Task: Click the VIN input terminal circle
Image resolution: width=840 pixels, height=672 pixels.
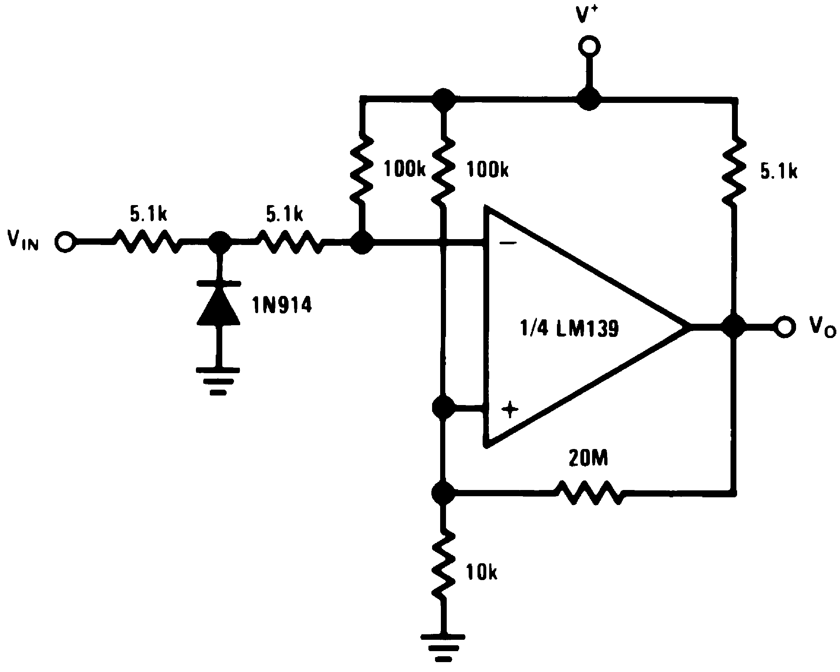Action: click(65, 242)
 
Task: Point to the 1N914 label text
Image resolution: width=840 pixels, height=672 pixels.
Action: click(282, 305)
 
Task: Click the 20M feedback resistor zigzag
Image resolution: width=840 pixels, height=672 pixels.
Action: click(589, 493)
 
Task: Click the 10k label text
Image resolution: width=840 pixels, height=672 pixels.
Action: click(482, 572)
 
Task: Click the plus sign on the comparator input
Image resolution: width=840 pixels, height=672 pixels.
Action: click(510, 409)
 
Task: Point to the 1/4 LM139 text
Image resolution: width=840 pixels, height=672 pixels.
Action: click(569, 328)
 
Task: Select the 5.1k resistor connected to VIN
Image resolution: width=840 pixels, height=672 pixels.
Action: click(147, 242)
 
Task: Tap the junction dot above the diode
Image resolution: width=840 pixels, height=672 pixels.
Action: click(219, 243)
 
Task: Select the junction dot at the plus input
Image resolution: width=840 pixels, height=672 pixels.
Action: click(443, 408)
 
